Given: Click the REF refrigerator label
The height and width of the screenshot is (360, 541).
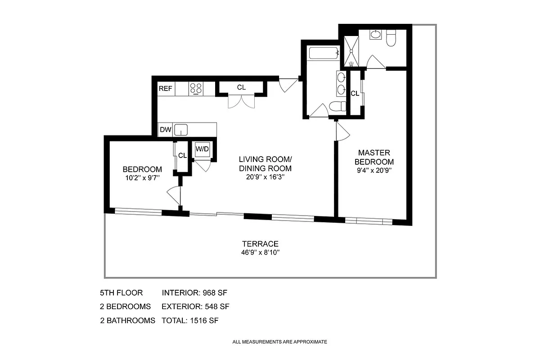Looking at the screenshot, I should [x=165, y=89].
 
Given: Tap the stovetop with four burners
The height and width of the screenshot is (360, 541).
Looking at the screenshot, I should [x=196, y=88].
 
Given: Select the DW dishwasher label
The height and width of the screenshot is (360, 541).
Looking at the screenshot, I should [x=165, y=130].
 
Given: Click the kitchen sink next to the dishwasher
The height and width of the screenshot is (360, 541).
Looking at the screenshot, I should [x=181, y=130].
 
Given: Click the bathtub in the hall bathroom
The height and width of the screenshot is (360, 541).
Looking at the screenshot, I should [x=324, y=54].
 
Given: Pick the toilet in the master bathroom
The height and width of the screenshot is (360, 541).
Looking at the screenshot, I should [x=391, y=37].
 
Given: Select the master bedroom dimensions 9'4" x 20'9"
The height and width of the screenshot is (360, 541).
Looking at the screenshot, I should [x=374, y=171].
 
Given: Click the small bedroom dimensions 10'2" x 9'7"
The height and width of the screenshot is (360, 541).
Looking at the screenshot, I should [x=142, y=177].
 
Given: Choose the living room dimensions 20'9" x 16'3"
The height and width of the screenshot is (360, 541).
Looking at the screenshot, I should [x=266, y=177].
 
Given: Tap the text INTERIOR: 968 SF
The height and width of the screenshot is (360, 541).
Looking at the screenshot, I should [x=195, y=293].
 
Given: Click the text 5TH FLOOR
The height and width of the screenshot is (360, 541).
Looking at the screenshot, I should [x=121, y=293].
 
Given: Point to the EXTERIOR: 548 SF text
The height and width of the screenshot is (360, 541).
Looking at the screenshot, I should [x=196, y=307].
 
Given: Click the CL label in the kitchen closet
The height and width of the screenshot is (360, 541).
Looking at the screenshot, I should [x=241, y=87].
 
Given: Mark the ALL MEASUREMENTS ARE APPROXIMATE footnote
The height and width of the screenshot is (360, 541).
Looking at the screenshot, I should [x=280, y=342].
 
